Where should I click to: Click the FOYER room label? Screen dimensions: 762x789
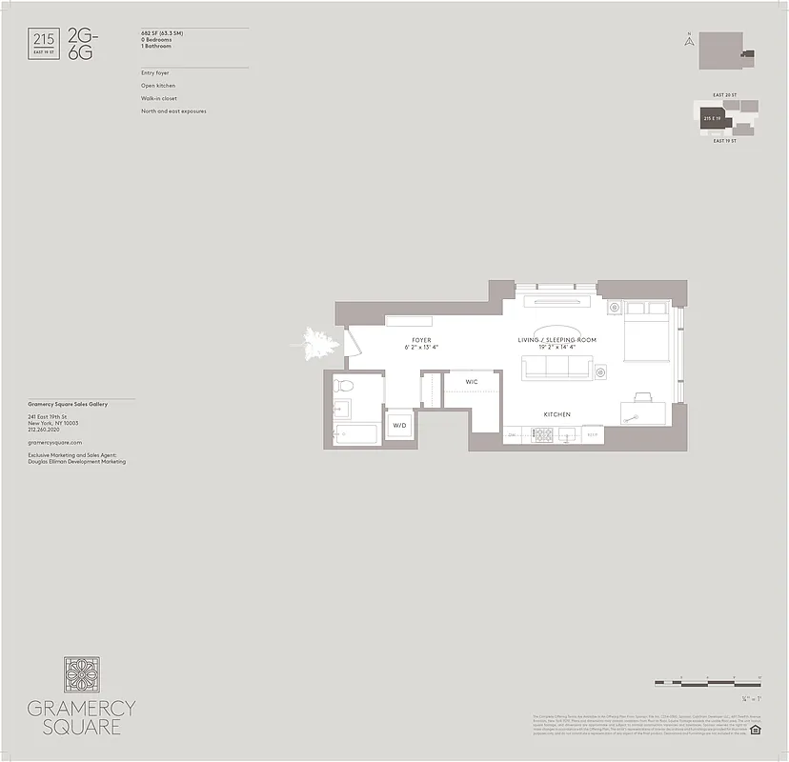[x=421, y=340]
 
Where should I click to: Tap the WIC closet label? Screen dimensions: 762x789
[x=471, y=382]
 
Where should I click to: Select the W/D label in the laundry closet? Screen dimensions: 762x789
[x=399, y=426]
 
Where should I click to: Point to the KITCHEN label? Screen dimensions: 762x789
[x=556, y=415]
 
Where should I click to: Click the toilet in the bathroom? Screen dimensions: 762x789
[x=346, y=386]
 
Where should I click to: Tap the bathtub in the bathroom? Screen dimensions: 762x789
[x=354, y=434]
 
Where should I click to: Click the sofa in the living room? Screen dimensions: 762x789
[x=556, y=368]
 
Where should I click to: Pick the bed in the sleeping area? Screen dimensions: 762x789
[x=647, y=333]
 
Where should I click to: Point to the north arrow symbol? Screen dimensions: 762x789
[x=686, y=40]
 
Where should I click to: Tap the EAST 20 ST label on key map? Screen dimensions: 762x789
[x=724, y=96]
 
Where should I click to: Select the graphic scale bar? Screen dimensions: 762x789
[x=707, y=683]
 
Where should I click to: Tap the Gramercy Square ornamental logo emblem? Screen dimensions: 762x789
[x=82, y=674]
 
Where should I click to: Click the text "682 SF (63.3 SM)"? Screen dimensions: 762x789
[x=162, y=33]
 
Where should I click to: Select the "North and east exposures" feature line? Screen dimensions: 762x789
[x=173, y=111]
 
